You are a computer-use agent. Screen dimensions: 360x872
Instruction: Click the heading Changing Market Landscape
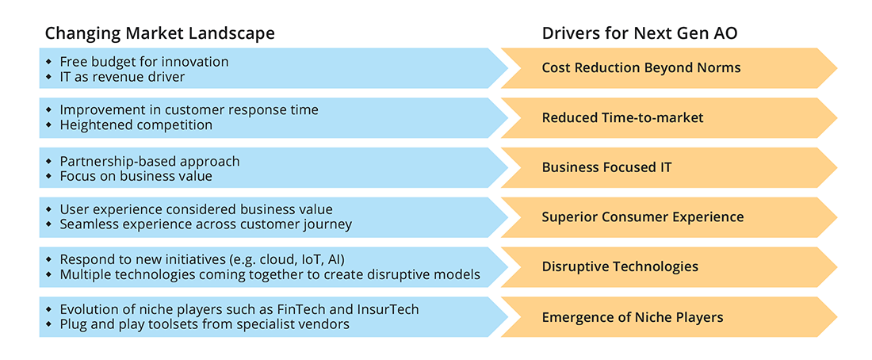(159, 33)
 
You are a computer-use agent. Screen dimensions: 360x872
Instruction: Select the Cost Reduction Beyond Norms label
(641, 68)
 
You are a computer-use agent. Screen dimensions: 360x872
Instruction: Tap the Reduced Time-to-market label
(622, 118)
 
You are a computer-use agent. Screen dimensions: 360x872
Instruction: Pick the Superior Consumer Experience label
(642, 217)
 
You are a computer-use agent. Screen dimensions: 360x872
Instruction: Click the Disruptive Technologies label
(620, 266)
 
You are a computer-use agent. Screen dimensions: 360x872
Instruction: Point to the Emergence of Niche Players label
(632, 317)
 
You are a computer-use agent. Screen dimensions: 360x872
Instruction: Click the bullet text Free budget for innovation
(143, 61)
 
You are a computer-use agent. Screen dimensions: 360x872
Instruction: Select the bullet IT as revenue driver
(121, 76)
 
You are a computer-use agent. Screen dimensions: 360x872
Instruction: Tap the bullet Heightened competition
(136, 125)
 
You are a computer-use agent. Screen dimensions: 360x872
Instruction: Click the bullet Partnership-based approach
(149, 161)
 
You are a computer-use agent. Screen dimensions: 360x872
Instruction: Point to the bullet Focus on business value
(136, 176)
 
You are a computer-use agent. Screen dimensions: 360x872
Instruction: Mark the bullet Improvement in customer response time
(189, 110)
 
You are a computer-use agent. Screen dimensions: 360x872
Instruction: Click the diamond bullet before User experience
(49, 210)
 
